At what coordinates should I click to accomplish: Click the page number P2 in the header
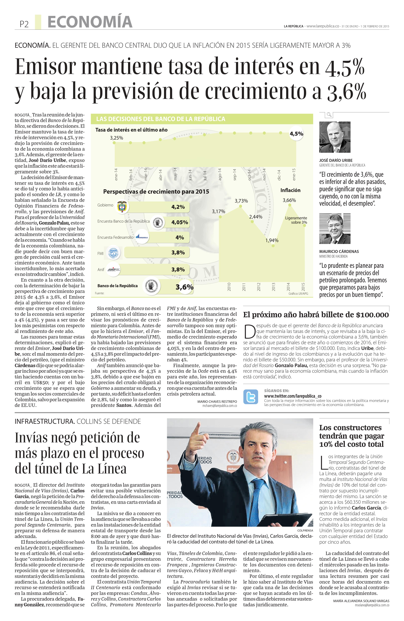tap(24, 24)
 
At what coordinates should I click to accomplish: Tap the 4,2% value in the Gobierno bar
tap(178, 207)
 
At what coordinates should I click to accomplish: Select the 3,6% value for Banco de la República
tap(184, 287)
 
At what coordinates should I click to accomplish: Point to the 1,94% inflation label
tap(272, 240)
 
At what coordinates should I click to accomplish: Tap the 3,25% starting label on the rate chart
tap(116, 138)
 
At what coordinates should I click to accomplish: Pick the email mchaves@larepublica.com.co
tap(220, 406)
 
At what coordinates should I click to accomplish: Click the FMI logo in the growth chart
tap(112, 253)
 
